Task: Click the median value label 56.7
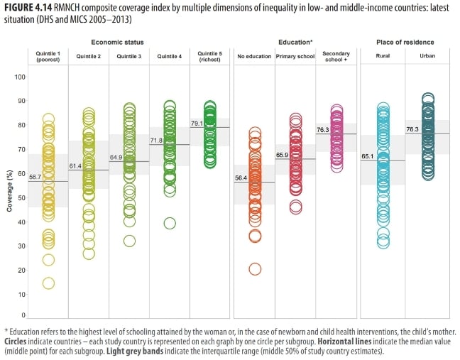tap(35, 178)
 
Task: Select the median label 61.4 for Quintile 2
tap(75, 166)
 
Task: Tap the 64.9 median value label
tap(116, 158)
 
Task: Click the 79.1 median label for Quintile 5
tap(197, 124)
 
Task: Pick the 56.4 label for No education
tap(242, 178)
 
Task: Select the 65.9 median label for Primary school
tap(283, 155)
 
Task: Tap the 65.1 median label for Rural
tap(368, 157)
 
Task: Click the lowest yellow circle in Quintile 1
tap(48, 283)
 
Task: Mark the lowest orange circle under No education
tap(255, 268)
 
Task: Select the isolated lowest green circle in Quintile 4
tap(170, 223)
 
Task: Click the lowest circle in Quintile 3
tap(129, 241)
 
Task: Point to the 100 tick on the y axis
tap(20, 77)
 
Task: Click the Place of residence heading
tap(405, 43)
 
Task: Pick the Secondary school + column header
tap(336, 57)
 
